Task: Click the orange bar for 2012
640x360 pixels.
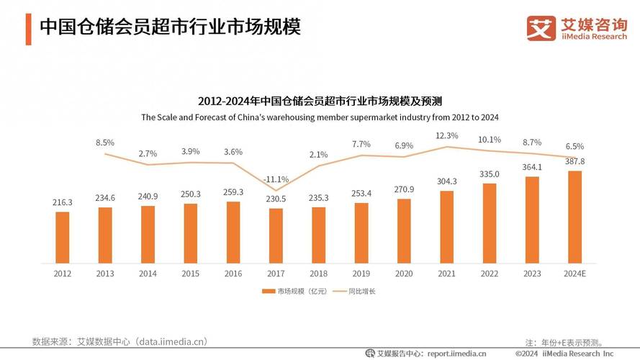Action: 63,237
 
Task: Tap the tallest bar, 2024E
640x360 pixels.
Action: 575,217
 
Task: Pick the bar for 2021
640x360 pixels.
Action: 447,227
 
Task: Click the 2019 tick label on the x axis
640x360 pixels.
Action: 361,274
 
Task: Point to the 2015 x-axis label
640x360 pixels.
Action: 191,274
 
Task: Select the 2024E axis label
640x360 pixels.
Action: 575,274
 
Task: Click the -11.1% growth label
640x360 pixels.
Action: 276,179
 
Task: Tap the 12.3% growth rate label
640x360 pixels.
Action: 447,135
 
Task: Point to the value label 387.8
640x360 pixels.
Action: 575,162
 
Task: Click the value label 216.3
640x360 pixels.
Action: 63,203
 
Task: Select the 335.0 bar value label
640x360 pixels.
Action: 490,174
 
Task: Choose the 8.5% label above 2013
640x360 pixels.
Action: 105,143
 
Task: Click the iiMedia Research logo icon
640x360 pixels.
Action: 541,29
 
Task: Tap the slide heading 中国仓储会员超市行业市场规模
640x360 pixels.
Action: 169,27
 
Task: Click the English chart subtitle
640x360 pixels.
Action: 320,117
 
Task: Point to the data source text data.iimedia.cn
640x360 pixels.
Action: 173,341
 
